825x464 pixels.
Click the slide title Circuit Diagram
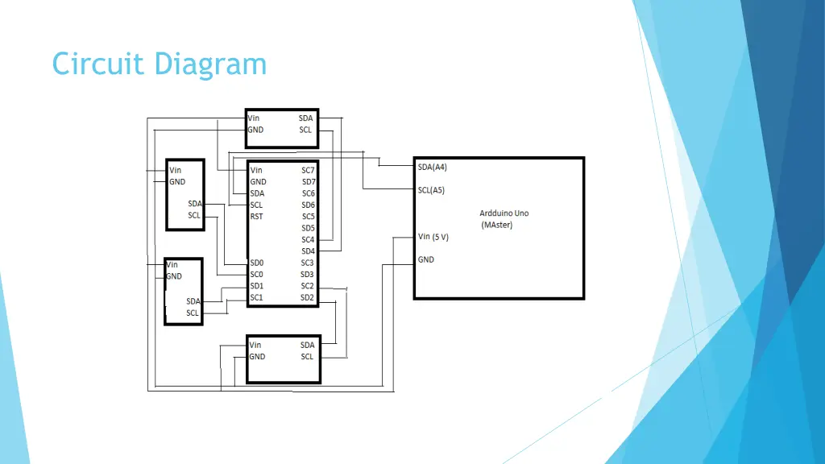point(159,64)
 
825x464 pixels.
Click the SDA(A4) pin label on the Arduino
point(432,168)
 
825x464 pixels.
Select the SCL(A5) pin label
point(431,191)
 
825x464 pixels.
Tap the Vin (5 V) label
point(433,237)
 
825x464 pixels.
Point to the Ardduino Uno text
point(504,213)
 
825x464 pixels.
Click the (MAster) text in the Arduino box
point(496,225)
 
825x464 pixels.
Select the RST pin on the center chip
point(256,217)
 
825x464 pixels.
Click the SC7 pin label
point(308,171)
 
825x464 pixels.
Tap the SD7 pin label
point(308,182)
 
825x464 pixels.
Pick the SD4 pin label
point(308,251)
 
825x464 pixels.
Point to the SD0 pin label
point(256,263)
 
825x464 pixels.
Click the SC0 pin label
point(256,275)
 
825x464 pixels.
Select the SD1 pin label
point(256,286)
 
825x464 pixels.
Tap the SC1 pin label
point(256,297)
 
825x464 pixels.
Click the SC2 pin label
point(307,286)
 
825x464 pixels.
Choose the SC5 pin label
point(308,217)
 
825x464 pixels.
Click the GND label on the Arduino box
point(425,260)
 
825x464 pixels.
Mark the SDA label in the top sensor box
point(305,118)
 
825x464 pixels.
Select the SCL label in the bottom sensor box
point(306,356)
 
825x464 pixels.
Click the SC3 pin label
point(307,263)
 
